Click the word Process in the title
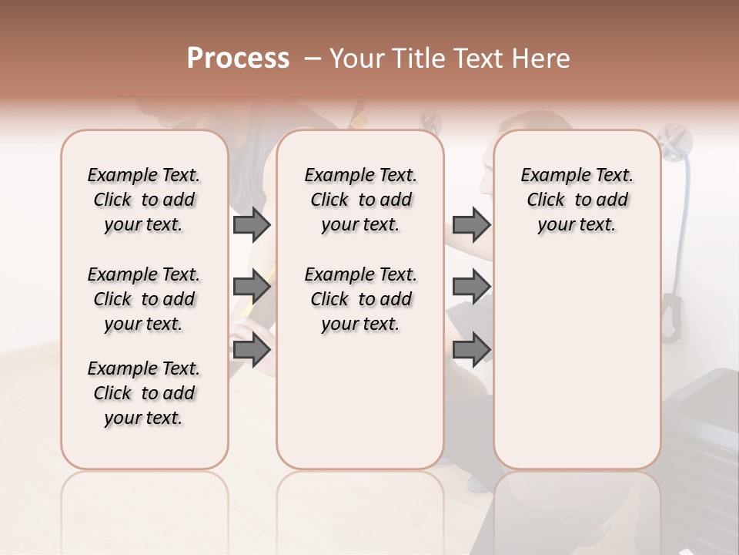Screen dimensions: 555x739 238,59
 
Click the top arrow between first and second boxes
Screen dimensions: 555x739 252,224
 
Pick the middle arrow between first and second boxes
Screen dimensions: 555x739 252,288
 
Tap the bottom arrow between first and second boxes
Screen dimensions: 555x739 252,350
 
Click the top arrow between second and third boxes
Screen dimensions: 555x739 471,224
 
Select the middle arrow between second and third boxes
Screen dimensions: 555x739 471,288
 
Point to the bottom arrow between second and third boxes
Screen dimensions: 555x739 471,350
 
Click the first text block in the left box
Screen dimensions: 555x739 144,200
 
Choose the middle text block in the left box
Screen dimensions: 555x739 144,299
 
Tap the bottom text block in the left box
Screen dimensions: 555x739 144,393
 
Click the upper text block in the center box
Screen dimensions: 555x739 360,200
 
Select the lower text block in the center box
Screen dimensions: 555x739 360,299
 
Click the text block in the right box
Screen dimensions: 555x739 577,200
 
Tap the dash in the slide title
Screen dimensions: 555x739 312,59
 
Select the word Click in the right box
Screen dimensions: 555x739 546,200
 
